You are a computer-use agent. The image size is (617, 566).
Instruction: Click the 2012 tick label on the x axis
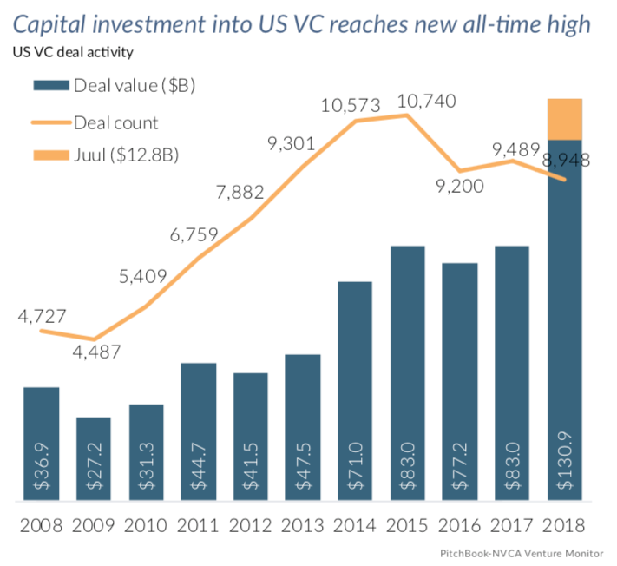tap(251, 526)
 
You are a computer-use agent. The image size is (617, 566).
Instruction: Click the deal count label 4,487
tap(95, 352)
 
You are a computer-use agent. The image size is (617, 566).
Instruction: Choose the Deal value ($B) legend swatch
tap(49, 85)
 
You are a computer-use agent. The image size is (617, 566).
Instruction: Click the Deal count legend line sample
tap(49, 122)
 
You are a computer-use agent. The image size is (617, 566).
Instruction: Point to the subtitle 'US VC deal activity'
tap(72, 53)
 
